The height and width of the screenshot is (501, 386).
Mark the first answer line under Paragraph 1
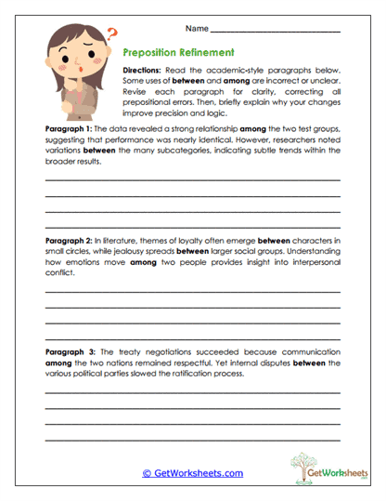tap(192, 178)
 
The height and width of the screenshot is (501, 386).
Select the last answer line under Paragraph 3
tap(192, 439)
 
